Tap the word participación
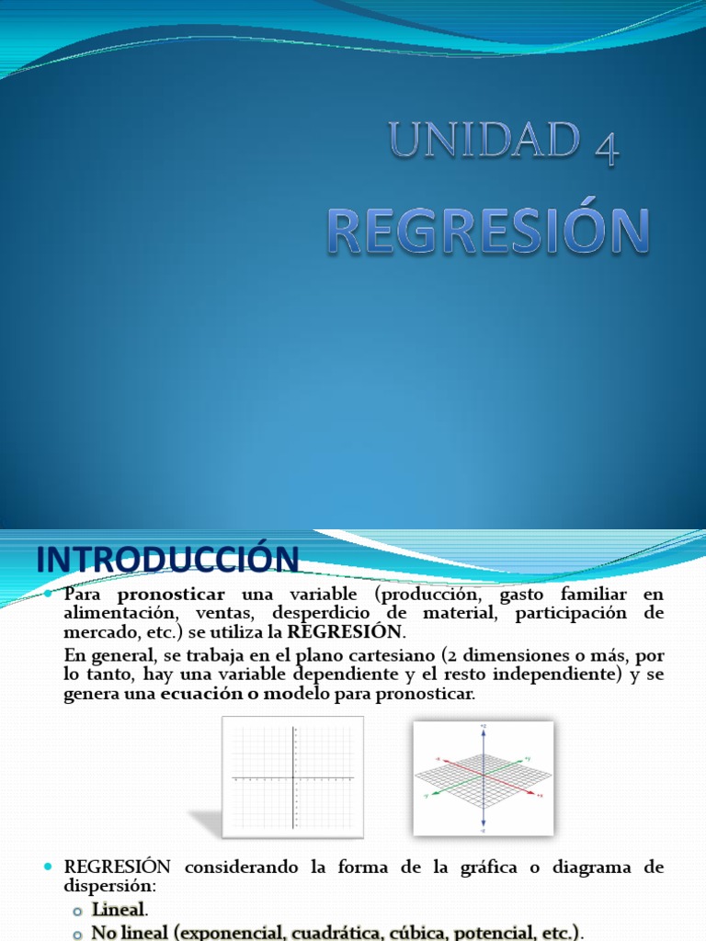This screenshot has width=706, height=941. [570, 613]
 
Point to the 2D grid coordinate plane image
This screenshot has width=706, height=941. [293, 777]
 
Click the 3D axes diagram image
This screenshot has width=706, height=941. [483, 777]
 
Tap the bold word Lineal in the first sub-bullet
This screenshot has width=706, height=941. [118, 910]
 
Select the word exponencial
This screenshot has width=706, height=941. [228, 931]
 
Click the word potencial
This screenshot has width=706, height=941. [502, 931]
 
